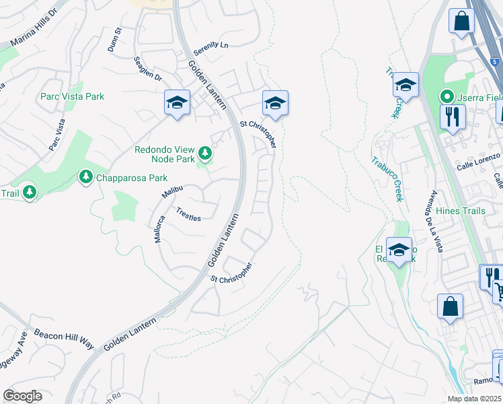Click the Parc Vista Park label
72,96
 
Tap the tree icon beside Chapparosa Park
85,177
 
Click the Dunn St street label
114,40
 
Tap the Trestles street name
188,213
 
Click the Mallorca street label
159,229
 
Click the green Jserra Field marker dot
444,96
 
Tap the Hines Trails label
461,211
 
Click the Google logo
22,396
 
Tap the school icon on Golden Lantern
177,103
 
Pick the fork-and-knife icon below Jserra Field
453,116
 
